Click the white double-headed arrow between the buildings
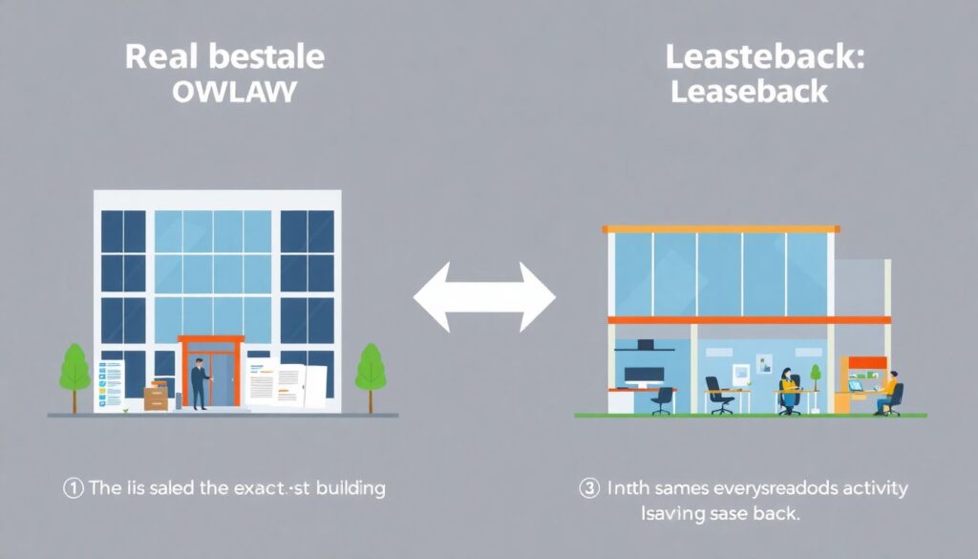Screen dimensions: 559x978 (x=484, y=298)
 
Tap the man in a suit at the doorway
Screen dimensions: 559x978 (x=200, y=380)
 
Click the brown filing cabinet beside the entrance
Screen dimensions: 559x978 (x=156, y=394)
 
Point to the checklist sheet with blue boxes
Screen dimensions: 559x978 (x=112, y=384)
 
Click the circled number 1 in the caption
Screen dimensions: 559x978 (x=74, y=488)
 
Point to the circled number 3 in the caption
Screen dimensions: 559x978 (x=588, y=488)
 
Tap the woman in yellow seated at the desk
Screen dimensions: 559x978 (x=788, y=387)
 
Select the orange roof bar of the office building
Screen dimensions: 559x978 (x=721, y=229)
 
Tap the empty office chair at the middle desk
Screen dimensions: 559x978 (x=718, y=394)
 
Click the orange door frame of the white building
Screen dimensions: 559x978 (x=211, y=340)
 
